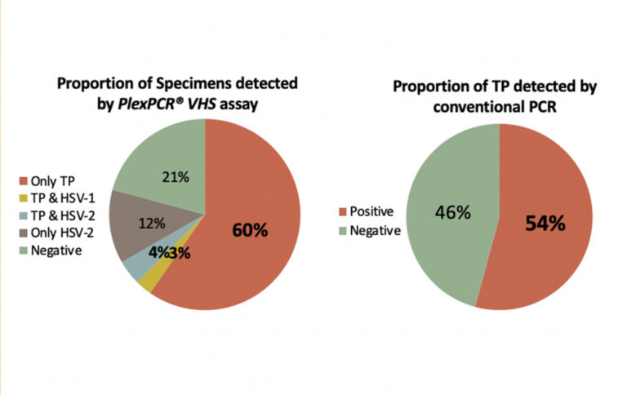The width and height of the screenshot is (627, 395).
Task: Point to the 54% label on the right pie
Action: click(545, 223)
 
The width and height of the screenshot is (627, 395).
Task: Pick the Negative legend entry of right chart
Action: click(374, 231)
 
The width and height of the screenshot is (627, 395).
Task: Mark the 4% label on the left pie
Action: click(160, 252)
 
